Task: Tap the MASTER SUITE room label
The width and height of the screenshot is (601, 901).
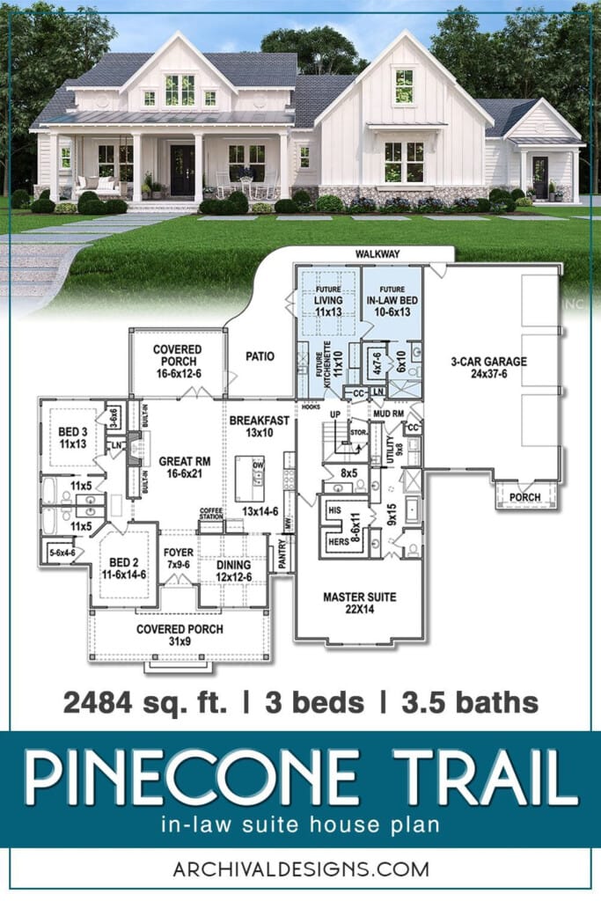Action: pyautogui.click(x=359, y=603)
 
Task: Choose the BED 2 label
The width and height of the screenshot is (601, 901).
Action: pyautogui.click(x=122, y=565)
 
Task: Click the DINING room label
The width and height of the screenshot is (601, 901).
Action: pyautogui.click(x=233, y=570)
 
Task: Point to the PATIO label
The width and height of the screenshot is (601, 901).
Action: pyautogui.click(x=260, y=356)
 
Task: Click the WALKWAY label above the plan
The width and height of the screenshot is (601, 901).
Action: pyautogui.click(x=377, y=253)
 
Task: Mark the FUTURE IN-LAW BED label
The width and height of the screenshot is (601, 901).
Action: pyautogui.click(x=392, y=293)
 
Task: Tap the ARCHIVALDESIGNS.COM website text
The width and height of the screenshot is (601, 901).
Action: pyautogui.click(x=300, y=869)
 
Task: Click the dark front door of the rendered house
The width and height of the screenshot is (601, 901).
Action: pyautogui.click(x=182, y=171)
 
